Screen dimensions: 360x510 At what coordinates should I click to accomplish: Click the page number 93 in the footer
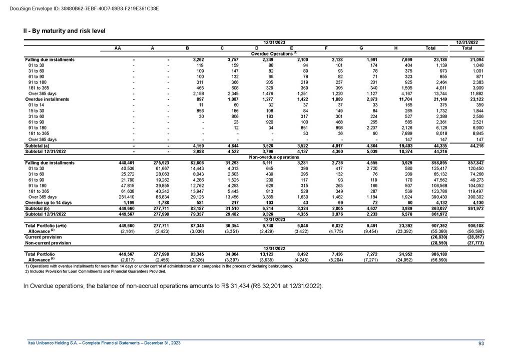(481, 342)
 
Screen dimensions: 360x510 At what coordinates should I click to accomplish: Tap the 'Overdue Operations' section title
(274, 53)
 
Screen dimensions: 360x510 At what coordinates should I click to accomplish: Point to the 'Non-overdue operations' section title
(274, 156)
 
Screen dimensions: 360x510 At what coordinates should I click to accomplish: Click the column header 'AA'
(117, 48)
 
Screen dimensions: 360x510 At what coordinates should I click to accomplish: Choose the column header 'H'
(396, 48)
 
